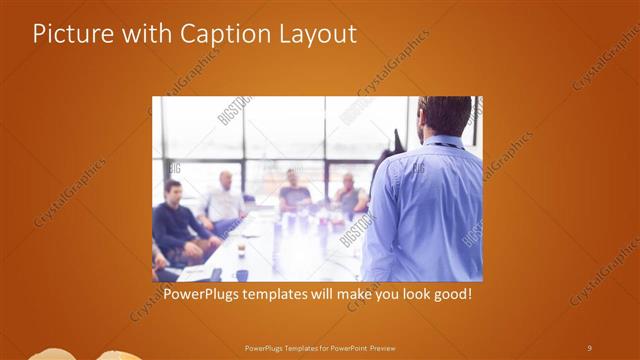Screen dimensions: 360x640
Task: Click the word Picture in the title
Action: coord(69,34)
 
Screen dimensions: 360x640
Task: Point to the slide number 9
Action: coord(589,347)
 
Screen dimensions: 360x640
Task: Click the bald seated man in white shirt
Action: coord(224,200)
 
